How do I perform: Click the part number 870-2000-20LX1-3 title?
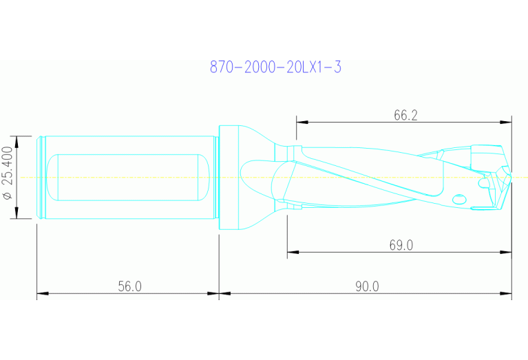275,67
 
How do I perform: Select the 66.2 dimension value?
405,115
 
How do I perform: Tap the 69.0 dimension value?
401,245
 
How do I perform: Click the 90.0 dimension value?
366,286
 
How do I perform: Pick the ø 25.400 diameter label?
8,177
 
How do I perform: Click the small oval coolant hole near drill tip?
459,200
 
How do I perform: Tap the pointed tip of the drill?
511,177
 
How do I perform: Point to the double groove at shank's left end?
42,177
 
